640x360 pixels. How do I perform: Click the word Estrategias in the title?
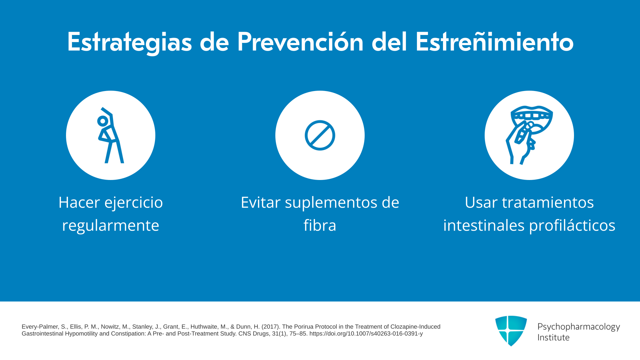(x=130, y=42)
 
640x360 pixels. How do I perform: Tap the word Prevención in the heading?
(x=300, y=42)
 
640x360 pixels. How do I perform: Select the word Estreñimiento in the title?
(x=495, y=42)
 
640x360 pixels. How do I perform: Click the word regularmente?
(x=111, y=226)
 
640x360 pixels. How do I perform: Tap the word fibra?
(x=320, y=225)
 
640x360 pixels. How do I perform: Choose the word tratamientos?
(x=548, y=202)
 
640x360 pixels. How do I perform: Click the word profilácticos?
(x=572, y=226)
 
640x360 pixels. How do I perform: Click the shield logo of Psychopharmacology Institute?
(x=511, y=331)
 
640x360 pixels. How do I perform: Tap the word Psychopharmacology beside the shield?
(x=579, y=327)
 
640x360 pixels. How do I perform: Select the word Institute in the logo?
(x=554, y=337)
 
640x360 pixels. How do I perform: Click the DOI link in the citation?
(x=366, y=334)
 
